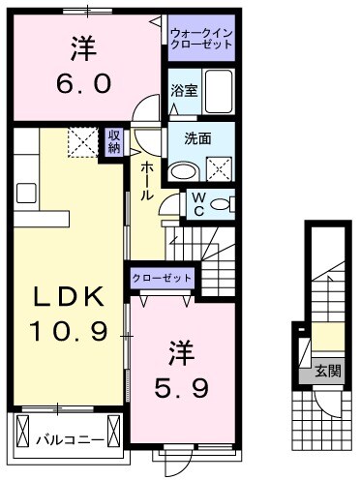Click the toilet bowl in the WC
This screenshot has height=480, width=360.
click(x=221, y=205)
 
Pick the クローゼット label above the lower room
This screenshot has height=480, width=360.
click(x=164, y=278)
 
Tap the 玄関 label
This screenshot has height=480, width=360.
click(x=326, y=371)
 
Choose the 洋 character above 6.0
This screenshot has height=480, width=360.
click(x=86, y=46)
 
